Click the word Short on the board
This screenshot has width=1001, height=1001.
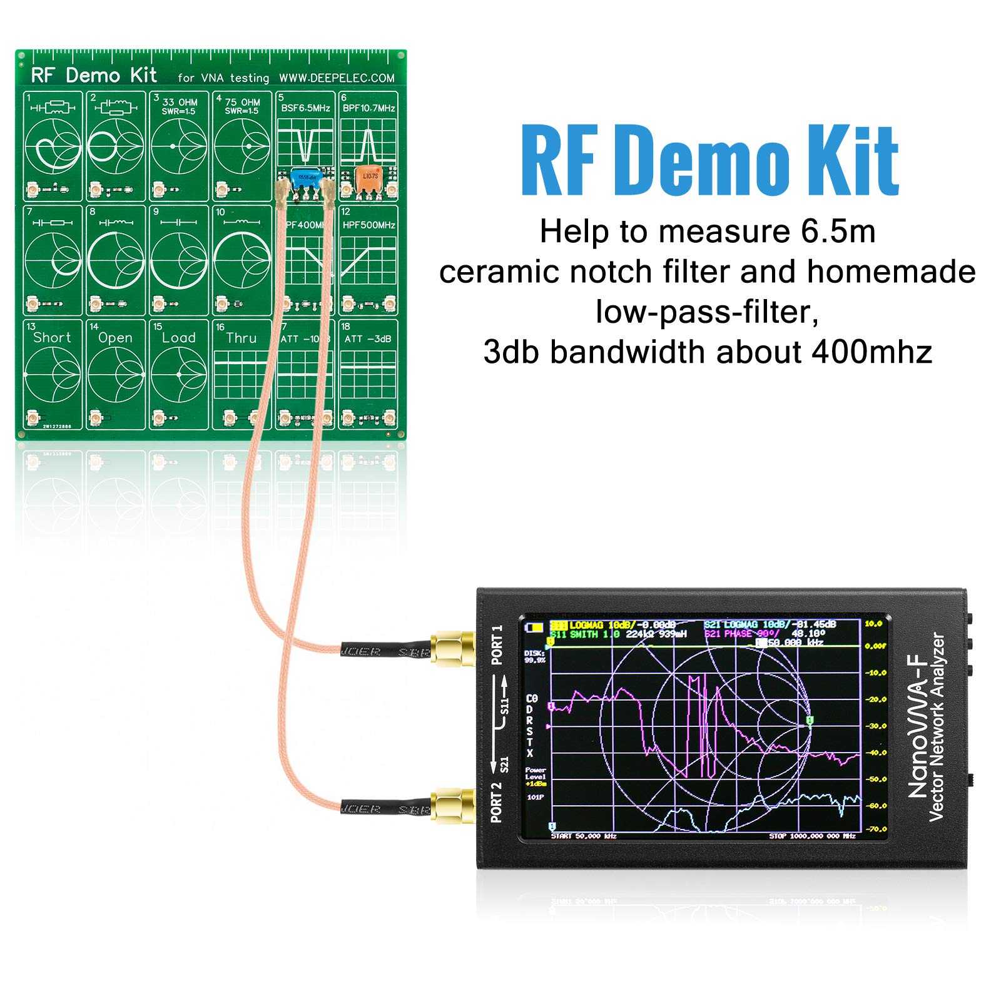coord(52,338)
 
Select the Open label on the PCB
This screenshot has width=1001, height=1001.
coord(115,338)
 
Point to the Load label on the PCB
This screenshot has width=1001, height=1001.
coord(178,338)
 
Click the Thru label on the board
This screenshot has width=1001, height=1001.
coord(241,338)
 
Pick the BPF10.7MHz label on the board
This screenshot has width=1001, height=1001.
coord(368,108)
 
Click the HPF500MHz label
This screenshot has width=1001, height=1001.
coord(368,225)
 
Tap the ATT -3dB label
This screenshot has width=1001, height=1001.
coord(368,339)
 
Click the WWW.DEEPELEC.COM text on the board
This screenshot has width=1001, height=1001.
coord(337,78)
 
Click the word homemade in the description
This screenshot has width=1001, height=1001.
coord(891,272)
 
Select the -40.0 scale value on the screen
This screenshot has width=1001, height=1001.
coord(875,753)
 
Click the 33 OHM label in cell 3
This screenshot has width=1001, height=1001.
coord(180,102)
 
